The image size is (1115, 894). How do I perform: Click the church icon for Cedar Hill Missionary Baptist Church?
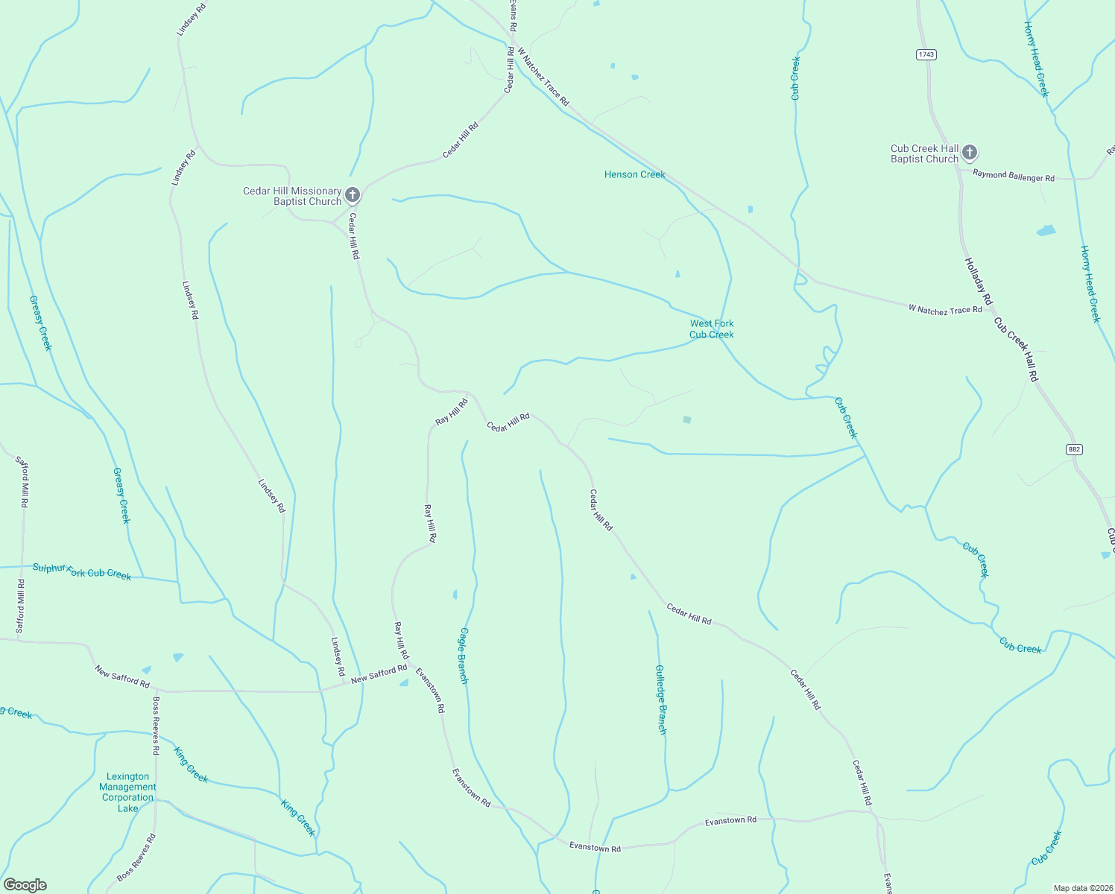click(353, 195)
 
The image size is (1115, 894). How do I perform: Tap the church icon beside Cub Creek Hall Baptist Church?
click(969, 153)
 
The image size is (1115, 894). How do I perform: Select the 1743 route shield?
click(926, 54)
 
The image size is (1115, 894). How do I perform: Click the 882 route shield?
click(1074, 449)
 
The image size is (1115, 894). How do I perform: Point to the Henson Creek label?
click(634, 174)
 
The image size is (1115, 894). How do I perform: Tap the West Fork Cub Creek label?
click(711, 329)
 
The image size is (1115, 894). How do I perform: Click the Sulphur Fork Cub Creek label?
click(82, 571)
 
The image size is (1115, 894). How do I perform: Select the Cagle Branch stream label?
click(464, 656)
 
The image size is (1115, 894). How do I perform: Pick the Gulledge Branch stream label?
click(660, 700)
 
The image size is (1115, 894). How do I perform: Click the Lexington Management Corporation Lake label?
click(128, 792)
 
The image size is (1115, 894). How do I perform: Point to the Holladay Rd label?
click(979, 281)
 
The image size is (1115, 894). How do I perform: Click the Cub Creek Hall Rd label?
click(1016, 349)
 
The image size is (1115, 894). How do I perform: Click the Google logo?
click(25, 884)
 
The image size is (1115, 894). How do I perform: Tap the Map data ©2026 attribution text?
click(1081, 888)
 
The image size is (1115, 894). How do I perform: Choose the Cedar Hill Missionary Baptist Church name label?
click(292, 196)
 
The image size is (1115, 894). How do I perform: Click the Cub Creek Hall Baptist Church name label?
click(924, 153)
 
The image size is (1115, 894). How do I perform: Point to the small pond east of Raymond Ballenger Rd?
click(1046, 231)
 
